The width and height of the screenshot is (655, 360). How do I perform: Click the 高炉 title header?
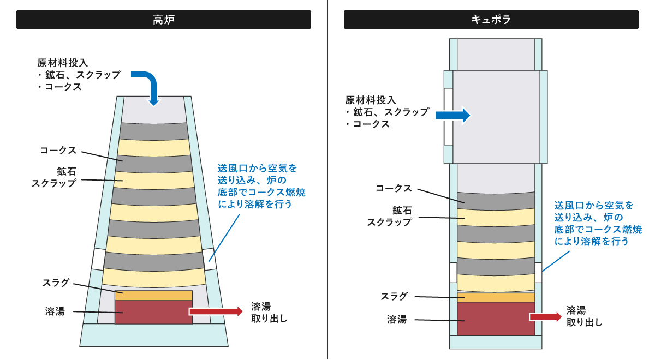[164, 20]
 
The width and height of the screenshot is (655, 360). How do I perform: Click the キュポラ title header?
[491, 20]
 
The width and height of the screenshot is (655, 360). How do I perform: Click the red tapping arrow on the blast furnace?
[216, 311]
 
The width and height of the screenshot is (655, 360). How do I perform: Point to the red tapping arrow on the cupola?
[545, 316]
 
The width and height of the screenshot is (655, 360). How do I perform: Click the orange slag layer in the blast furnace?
[154, 295]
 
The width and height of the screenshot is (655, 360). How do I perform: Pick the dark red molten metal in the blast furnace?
[154, 312]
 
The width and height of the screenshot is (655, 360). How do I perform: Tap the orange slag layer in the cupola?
[496, 297]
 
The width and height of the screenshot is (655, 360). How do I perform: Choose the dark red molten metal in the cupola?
[496, 319]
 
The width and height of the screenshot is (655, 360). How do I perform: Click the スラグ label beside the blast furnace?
[56, 283]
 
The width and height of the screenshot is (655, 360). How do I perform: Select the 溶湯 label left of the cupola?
[397, 320]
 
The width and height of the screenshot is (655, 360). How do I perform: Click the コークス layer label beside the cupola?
[393, 188]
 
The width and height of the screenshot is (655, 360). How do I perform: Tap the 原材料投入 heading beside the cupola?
[371, 100]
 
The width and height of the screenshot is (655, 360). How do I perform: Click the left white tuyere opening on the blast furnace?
[98, 259]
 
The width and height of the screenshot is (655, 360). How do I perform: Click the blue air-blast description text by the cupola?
[598, 223]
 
